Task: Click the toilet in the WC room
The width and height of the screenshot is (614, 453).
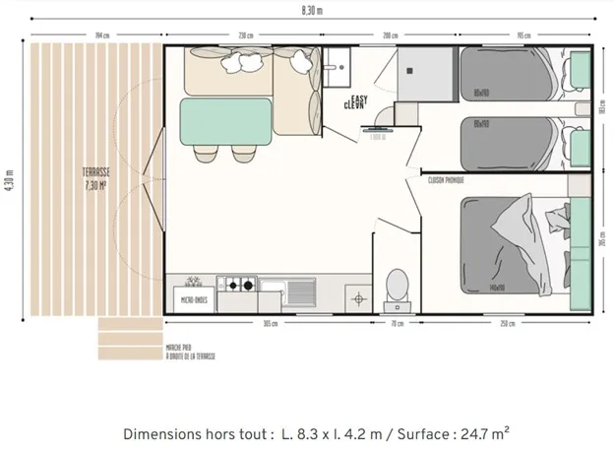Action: [398, 285]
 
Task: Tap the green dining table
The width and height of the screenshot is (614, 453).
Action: [226, 120]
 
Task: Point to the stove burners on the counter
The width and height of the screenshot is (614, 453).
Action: [237, 287]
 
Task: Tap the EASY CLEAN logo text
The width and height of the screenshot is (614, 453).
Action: [355, 99]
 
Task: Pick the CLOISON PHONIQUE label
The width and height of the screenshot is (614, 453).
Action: [447, 180]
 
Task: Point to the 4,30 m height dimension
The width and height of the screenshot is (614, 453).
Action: [8, 182]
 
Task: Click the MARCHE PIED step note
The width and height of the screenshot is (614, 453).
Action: [191, 352]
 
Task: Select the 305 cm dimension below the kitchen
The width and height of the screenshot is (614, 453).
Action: [269, 323]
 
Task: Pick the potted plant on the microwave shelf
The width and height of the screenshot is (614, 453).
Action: [194, 283]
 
